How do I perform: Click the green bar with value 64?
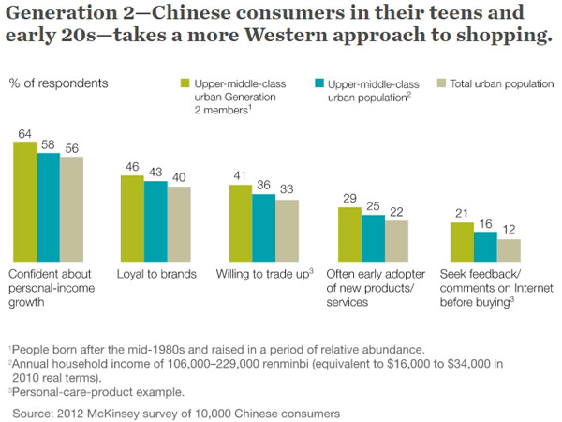point(25,202)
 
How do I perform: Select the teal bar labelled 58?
point(49,207)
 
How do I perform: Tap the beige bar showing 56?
point(71,209)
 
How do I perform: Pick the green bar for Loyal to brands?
point(132,219)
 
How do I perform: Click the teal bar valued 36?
point(263,228)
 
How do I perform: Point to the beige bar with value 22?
point(396,241)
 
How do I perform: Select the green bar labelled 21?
point(462,242)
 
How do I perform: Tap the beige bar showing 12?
point(509,250)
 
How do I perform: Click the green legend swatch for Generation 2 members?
point(185,83)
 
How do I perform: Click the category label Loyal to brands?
point(156,275)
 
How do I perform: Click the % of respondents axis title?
point(58,83)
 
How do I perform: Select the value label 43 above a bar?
point(155,173)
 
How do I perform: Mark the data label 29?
point(349,198)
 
